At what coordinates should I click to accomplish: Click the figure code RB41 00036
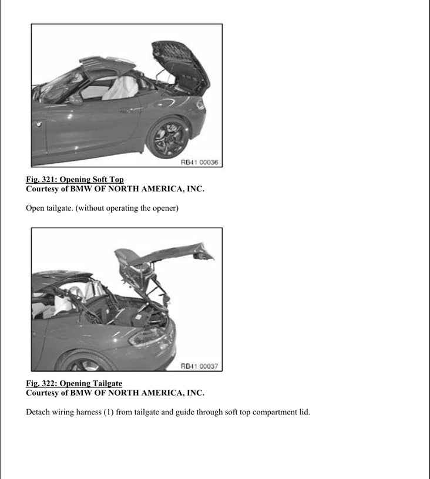coord(200,162)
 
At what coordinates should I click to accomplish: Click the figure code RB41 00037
coord(200,366)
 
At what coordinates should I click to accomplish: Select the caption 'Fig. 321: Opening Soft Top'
coord(75,179)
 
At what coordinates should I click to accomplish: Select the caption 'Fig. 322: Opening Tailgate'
coord(74,383)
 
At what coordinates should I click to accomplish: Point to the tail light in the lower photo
coord(149,337)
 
